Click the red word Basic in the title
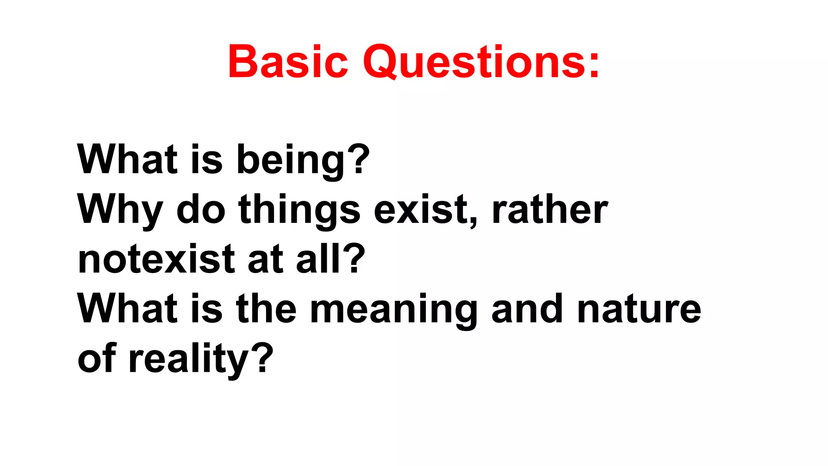pyautogui.click(x=287, y=61)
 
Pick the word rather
pyautogui.click(x=550, y=210)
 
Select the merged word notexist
pyautogui.click(x=156, y=259)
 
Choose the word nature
pyautogui.click(x=639, y=309)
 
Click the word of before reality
pyautogui.click(x=97, y=358)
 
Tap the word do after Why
pyautogui.click(x=201, y=210)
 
